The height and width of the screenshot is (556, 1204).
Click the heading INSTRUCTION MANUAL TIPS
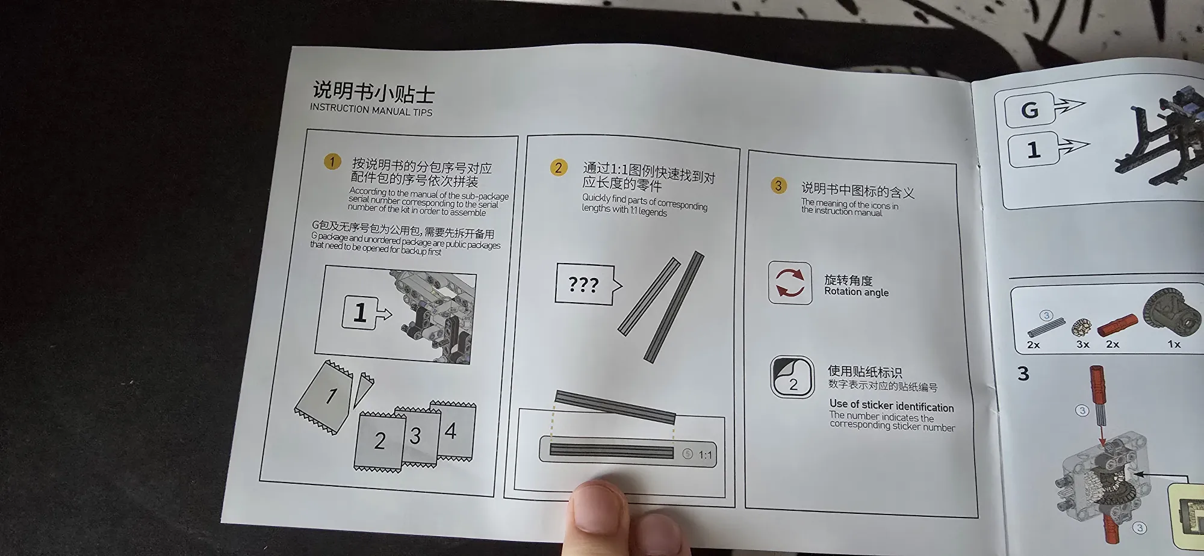click(x=371, y=110)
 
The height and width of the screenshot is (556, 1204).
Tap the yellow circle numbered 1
click(x=332, y=161)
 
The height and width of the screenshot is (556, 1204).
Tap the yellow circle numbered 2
click(x=559, y=167)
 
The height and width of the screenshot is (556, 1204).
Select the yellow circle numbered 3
click(x=778, y=185)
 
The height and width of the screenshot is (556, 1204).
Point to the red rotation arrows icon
click(x=790, y=283)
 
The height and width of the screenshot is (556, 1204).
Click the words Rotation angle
click(x=856, y=292)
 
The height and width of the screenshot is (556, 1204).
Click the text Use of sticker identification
click(x=892, y=406)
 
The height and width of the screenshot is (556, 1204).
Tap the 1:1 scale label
click(x=705, y=455)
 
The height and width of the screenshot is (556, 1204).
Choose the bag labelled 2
click(x=379, y=441)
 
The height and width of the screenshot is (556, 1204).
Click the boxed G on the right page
click(x=1029, y=110)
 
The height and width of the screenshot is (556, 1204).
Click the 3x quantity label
click(x=1082, y=344)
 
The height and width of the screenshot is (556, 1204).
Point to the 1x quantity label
click(x=1174, y=344)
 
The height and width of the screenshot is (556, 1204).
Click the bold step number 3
click(x=1023, y=374)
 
